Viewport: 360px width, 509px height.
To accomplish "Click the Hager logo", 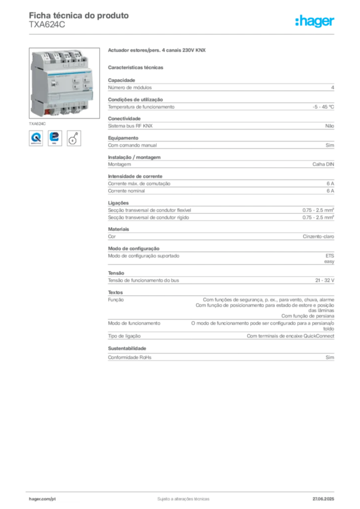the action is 315,21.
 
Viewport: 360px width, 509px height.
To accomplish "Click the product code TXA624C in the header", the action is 47,25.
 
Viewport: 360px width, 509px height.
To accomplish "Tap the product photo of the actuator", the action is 64,83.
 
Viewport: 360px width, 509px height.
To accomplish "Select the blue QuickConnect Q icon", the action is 36,138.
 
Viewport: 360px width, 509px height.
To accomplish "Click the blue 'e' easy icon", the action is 55,138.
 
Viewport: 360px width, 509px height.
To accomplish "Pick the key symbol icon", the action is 74,138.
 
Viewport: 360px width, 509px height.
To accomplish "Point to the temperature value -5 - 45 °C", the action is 323,107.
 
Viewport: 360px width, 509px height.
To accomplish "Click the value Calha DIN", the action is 323,164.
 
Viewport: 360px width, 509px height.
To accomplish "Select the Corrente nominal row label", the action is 126,191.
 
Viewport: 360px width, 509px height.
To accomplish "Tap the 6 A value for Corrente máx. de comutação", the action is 330,183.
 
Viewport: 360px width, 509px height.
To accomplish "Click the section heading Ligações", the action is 118,203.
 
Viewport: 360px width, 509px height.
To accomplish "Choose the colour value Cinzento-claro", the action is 318,236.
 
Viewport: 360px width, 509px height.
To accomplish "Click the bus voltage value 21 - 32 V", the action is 325,280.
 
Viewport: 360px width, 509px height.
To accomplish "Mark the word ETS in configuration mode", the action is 330,256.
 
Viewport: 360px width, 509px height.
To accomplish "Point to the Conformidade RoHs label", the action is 129,357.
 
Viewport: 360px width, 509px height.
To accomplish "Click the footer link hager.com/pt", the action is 42,499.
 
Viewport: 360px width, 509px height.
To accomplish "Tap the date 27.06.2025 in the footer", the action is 323,499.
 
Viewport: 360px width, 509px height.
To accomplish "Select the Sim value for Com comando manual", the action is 330,145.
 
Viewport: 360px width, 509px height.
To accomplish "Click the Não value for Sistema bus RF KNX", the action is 330,126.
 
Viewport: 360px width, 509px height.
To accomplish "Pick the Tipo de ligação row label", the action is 124,336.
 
